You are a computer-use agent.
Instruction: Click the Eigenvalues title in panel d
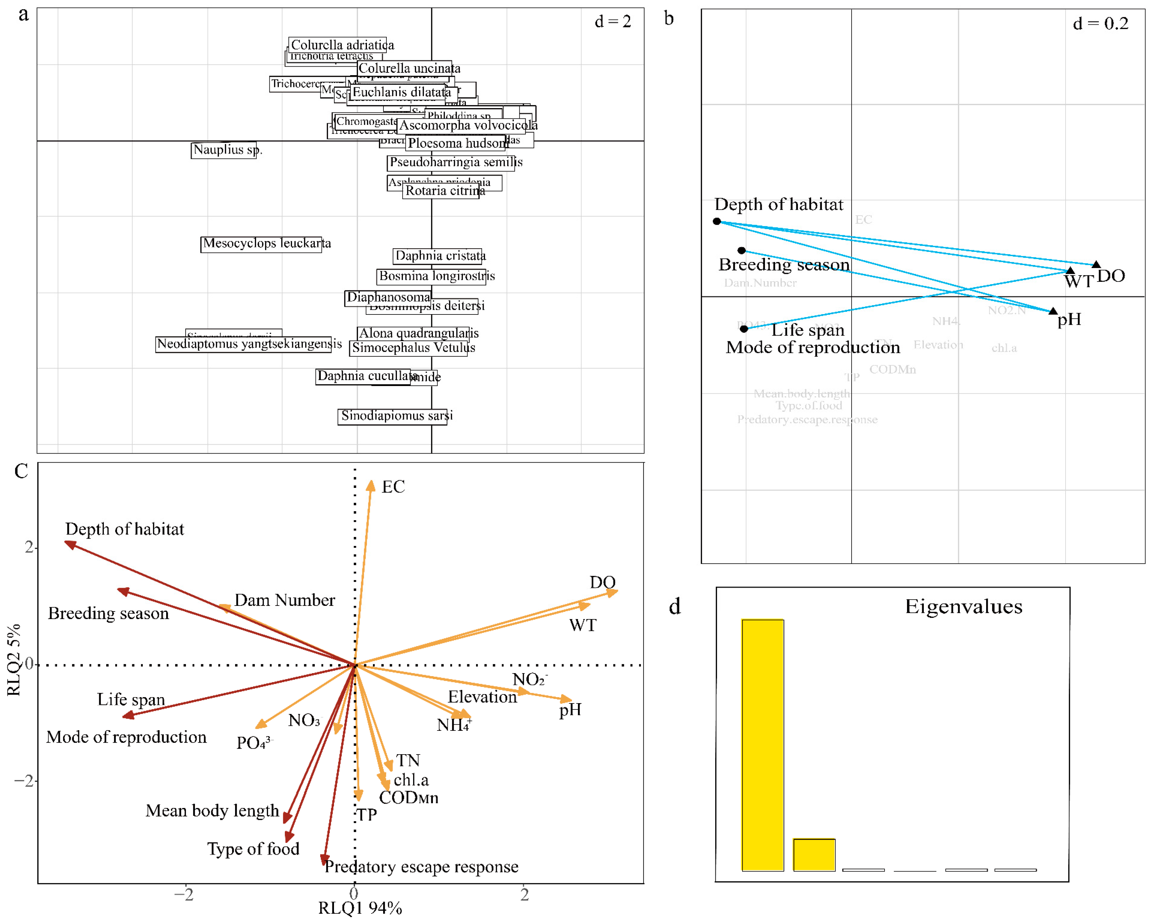[x=963, y=607]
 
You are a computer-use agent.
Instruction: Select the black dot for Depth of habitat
[x=717, y=221]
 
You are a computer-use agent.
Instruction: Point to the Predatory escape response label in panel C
[x=421, y=867]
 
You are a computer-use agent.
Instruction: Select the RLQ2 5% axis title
[x=14, y=660]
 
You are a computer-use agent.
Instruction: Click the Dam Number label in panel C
[x=284, y=601]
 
